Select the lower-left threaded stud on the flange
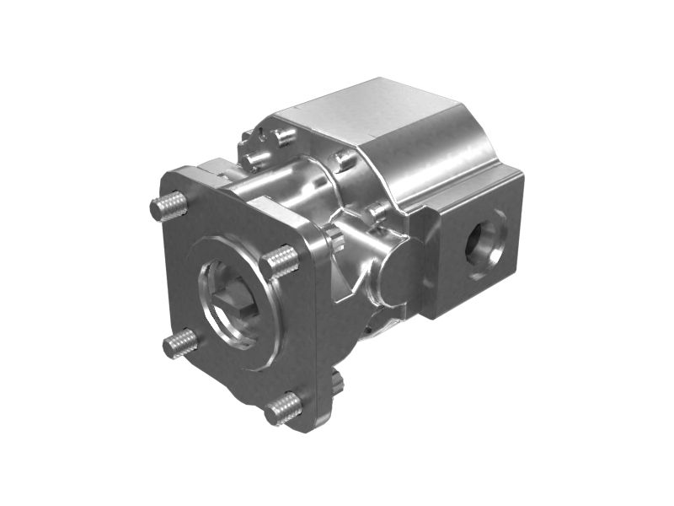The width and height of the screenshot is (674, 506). point(180,342)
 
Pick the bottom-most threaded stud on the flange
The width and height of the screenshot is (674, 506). point(284,408)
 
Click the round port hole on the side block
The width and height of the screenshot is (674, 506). point(488,244)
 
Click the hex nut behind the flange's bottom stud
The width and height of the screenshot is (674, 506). point(335,384)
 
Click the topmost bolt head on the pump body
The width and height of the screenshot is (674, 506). point(285,134)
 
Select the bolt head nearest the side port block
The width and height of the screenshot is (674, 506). point(378,210)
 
